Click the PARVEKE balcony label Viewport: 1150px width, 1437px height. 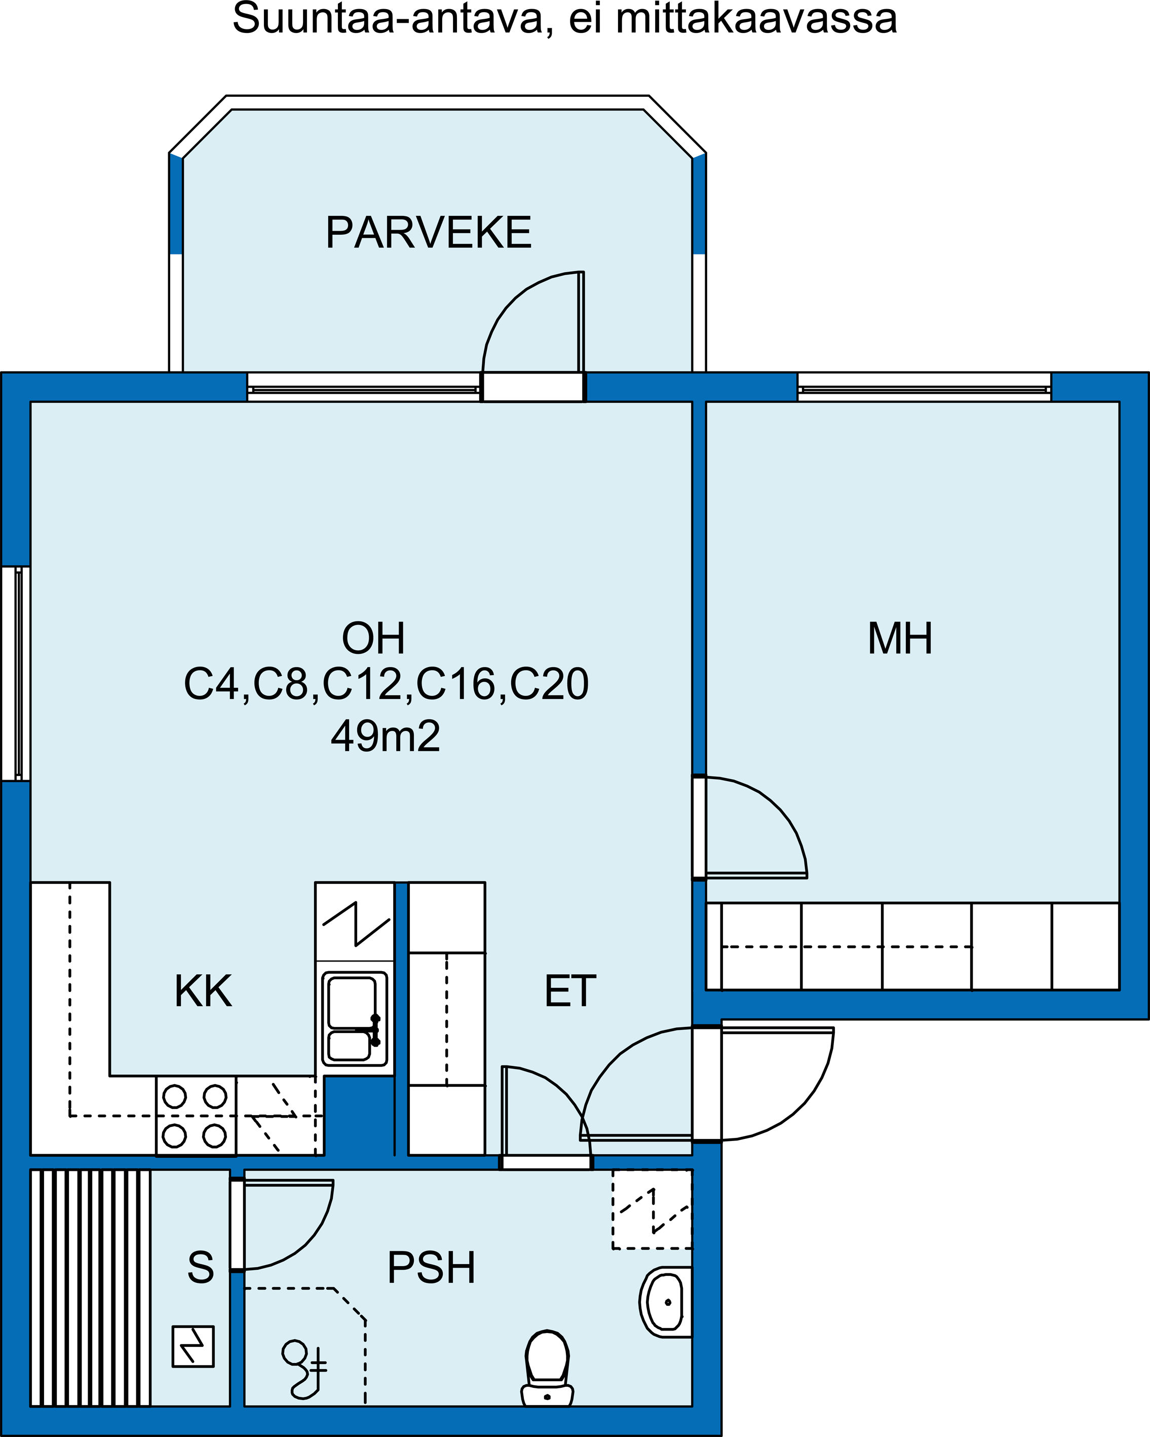(429, 233)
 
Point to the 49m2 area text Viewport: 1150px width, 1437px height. (386, 736)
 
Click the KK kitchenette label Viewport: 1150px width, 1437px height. (203, 990)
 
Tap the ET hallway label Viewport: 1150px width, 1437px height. (570, 990)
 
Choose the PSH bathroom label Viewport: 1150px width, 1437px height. (432, 1267)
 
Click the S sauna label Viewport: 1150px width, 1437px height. (201, 1267)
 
